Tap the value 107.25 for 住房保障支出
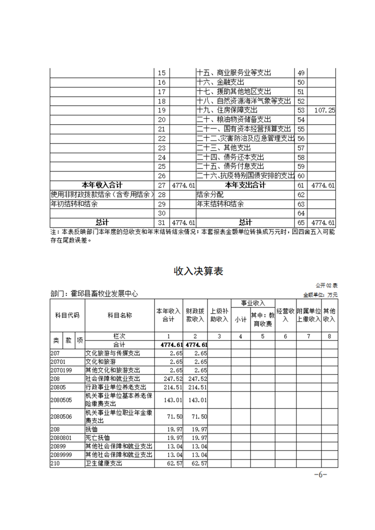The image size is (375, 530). click(x=324, y=110)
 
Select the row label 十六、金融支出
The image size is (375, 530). click(x=221, y=83)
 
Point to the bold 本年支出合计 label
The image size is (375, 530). click(x=245, y=185)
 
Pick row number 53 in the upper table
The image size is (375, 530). click(x=301, y=110)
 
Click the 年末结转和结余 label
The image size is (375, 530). click(x=220, y=204)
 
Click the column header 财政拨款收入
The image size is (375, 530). click(x=195, y=316)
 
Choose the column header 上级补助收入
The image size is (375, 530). click(x=219, y=316)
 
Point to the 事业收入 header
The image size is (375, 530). click(x=253, y=303)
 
